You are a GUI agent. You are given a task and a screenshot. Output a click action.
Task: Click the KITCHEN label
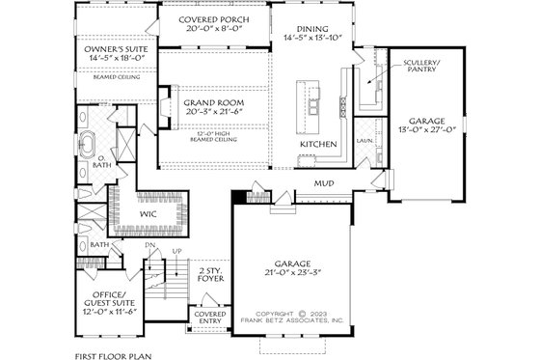click(x=318, y=144)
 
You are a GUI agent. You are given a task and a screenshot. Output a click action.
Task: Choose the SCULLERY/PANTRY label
click(x=419, y=65)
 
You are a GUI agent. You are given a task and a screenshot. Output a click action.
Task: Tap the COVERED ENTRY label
click(x=210, y=318)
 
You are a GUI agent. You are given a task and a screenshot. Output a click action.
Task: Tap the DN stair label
click(x=150, y=247)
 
